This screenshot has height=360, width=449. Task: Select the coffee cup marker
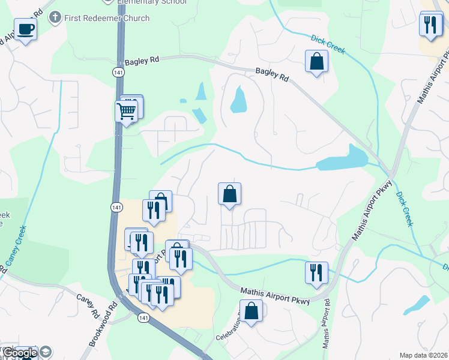point(25,29)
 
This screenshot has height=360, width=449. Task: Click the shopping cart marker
point(126,111)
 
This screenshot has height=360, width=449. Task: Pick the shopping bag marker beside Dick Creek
point(316,61)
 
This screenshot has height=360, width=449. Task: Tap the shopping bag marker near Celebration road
point(253,311)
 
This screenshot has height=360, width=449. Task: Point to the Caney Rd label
point(87,305)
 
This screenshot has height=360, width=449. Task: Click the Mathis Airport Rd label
point(326,325)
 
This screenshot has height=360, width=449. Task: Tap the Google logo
point(20,353)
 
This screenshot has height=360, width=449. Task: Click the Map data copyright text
point(424,355)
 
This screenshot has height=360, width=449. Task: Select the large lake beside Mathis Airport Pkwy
point(341,159)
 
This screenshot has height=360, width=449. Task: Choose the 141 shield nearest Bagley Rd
point(118,71)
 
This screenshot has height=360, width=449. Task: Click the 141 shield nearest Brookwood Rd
point(143,317)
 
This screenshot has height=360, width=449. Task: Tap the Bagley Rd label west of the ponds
point(142,61)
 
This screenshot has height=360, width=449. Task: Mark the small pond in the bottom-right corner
point(417,305)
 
